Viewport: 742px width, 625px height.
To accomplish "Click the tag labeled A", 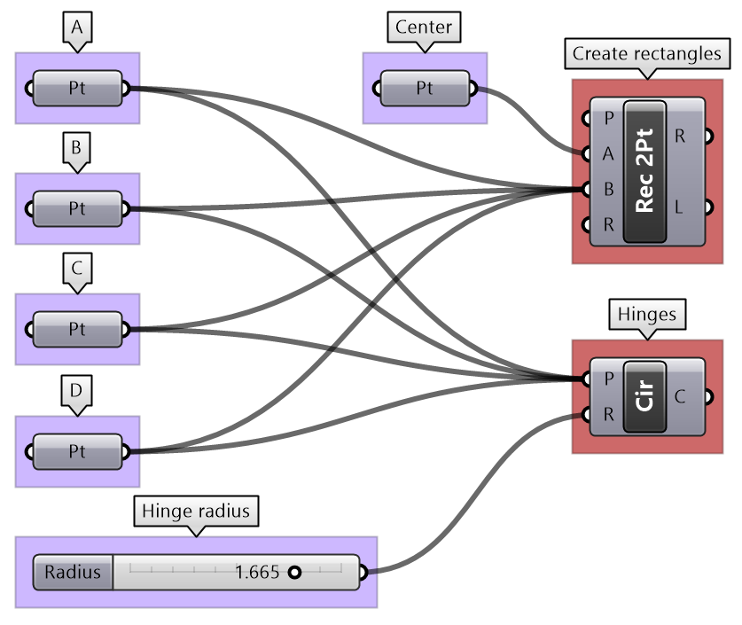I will point(77,27).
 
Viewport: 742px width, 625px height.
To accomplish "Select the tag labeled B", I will point(76,148).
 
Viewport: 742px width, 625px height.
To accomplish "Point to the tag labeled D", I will point(77,390).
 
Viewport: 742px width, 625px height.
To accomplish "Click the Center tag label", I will point(424,27).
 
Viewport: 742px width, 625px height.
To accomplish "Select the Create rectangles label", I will point(646,53).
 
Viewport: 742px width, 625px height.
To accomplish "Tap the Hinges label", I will point(646,314).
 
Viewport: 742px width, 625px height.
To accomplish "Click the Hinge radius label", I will point(197,511).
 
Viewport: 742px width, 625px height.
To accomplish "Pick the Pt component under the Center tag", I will point(425,88).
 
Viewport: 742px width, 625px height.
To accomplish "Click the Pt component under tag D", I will point(77,451).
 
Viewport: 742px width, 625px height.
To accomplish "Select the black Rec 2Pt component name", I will point(644,170).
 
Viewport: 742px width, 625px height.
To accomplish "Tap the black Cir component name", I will point(644,396).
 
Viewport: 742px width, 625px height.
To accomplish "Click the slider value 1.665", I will point(256,573).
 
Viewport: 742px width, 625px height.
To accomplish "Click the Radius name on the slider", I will point(74,573).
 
